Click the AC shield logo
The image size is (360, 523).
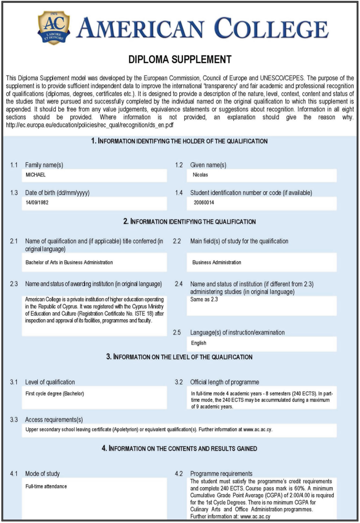(x=54, y=27)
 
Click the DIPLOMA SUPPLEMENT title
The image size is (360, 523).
(x=180, y=59)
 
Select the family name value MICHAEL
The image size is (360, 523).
(x=36, y=174)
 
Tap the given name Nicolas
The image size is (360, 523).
(x=201, y=174)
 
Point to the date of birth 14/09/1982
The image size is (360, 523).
(x=37, y=202)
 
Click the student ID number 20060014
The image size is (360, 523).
(x=204, y=202)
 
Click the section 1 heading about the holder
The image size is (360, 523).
(x=179, y=141)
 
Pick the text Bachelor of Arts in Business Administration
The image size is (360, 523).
(x=69, y=262)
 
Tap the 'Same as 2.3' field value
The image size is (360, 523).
(x=204, y=299)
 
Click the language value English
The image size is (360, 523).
(x=199, y=343)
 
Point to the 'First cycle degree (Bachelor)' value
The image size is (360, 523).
(x=55, y=393)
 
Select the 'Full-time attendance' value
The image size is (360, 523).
(x=46, y=486)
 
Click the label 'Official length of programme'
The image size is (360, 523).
(x=224, y=382)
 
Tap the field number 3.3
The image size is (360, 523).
(x=14, y=420)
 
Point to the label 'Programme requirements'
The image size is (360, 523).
(x=221, y=474)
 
